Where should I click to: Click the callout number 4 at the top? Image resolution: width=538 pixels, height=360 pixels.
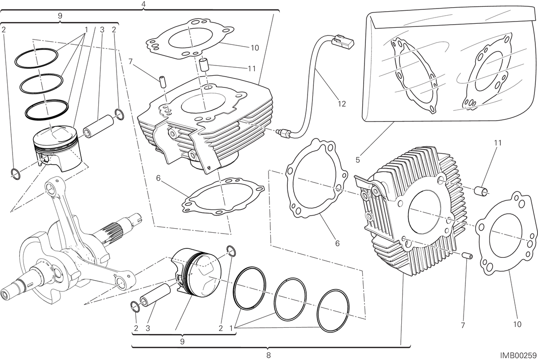(143, 4)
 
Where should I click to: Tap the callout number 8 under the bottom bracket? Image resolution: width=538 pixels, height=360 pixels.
(269, 355)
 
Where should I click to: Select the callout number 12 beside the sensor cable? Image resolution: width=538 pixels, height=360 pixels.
(342, 104)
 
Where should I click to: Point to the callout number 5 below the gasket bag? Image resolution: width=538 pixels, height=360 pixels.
(358, 160)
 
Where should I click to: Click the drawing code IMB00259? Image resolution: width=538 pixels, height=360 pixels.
(519, 356)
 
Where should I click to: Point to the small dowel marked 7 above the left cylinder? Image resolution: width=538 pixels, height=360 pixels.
(162, 79)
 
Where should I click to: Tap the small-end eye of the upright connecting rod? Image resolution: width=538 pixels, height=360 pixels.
(52, 187)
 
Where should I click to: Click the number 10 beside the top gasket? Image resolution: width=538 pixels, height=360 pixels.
(255, 48)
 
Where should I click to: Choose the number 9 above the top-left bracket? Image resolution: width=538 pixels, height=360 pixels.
(60, 16)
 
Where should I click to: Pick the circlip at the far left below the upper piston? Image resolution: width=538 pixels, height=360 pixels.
(16, 174)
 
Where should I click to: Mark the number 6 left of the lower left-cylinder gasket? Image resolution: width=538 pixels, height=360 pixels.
(158, 178)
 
